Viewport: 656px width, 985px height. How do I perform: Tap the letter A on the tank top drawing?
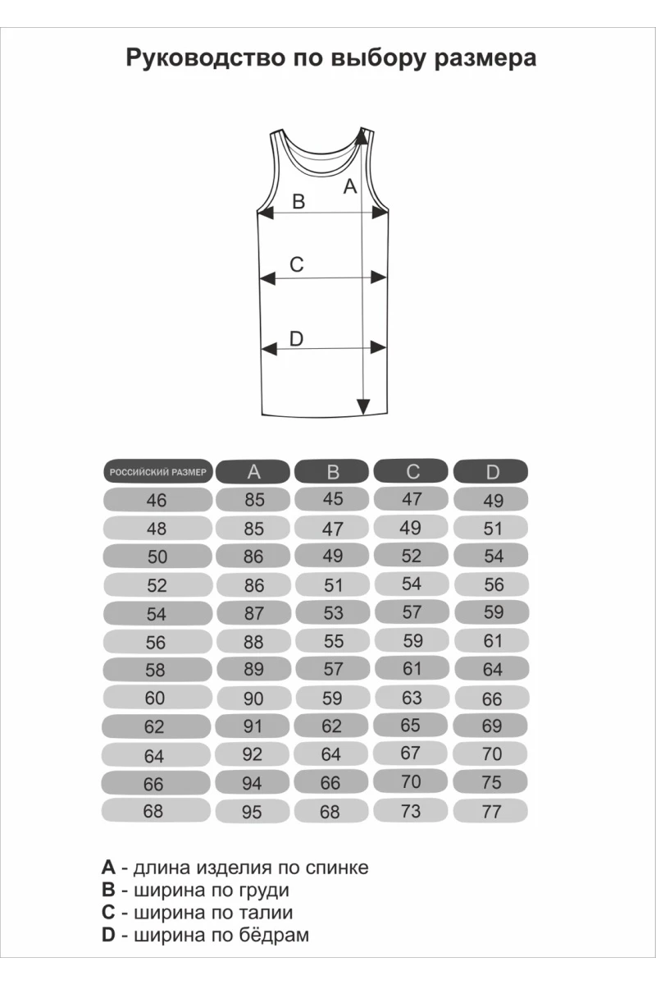pyautogui.click(x=350, y=186)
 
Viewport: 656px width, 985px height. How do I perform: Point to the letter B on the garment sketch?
pyautogui.click(x=298, y=201)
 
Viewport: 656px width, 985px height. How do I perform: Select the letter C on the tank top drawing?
pyautogui.click(x=297, y=264)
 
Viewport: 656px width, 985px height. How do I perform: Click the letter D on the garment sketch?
pyautogui.click(x=297, y=338)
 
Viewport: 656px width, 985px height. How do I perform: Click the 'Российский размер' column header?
pyautogui.click(x=158, y=472)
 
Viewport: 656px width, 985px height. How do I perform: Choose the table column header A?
pyautogui.click(x=253, y=471)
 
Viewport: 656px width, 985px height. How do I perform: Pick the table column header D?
pyautogui.click(x=492, y=471)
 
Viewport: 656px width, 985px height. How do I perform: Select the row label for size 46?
pyautogui.click(x=156, y=500)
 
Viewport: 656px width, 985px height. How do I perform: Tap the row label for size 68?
pyautogui.click(x=153, y=811)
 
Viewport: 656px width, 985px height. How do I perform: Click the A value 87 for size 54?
pyautogui.click(x=253, y=613)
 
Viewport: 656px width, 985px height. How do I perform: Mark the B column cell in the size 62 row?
pyautogui.click(x=331, y=726)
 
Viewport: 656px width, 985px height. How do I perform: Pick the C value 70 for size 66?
pyautogui.click(x=411, y=781)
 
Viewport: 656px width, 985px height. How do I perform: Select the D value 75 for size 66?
pyautogui.click(x=491, y=783)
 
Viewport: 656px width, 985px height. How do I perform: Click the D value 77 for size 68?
pyautogui.click(x=491, y=812)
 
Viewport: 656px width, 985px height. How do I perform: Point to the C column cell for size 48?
pyautogui.click(x=410, y=528)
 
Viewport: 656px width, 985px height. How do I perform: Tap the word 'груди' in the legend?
pyautogui.click(x=265, y=890)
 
